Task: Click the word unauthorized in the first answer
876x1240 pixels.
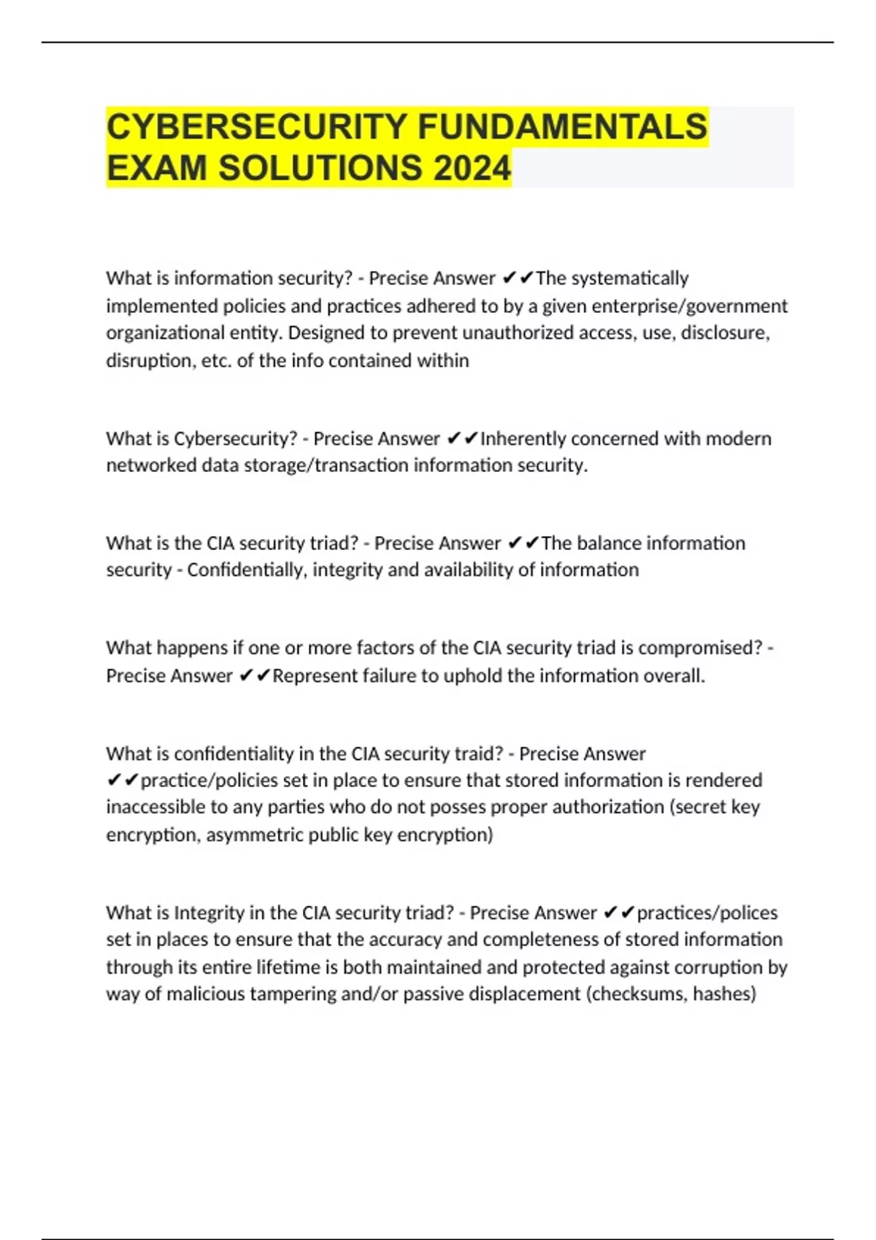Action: (x=483, y=333)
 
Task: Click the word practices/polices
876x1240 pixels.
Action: (x=707, y=912)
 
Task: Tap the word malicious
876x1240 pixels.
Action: (x=205, y=993)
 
